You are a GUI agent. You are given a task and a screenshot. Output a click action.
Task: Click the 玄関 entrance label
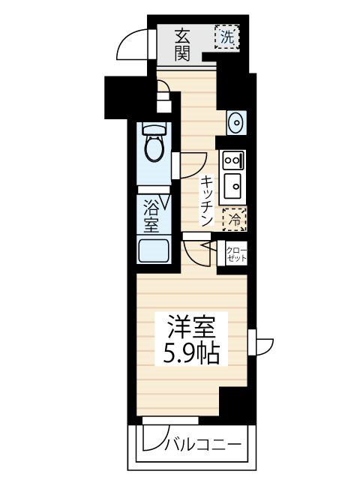[183, 43]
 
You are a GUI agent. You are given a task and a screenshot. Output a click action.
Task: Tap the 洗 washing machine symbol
[226, 36]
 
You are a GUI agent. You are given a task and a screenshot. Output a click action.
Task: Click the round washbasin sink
[235, 121]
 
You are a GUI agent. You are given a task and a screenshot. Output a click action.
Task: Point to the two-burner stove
[231, 159]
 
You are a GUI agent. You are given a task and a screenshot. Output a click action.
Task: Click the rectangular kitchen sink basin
[232, 182]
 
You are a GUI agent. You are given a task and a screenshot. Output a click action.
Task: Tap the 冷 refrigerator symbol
[234, 219]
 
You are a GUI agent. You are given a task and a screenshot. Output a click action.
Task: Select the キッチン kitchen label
[206, 200]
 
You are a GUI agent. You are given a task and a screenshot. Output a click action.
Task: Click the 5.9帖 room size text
[191, 353]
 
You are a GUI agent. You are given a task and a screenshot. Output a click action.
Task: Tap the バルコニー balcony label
[202, 445]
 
